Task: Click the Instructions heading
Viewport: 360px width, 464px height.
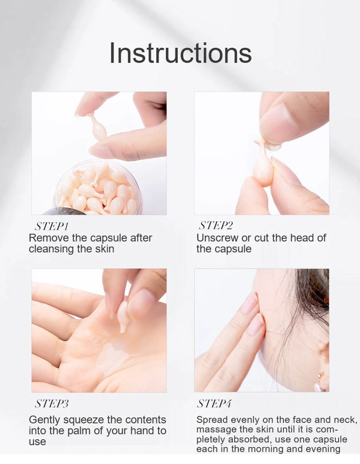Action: click(x=180, y=53)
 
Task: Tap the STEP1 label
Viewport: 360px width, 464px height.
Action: click(x=52, y=226)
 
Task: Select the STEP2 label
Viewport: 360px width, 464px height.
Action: click(x=216, y=225)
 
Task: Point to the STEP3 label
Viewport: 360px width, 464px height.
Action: click(x=52, y=403)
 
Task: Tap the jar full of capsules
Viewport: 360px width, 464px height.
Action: click(x=99, y=189)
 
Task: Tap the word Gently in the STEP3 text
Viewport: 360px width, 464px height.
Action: click(x=45, y=420)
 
